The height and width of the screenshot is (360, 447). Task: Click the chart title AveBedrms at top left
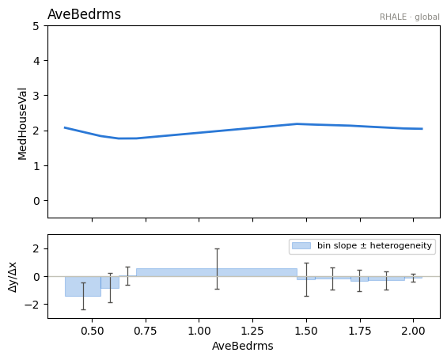84,14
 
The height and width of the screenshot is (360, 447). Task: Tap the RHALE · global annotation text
409,17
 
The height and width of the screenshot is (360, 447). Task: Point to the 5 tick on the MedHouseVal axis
36,26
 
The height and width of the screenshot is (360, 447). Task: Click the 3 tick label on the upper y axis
36,96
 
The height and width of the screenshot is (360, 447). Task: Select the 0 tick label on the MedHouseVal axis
36,201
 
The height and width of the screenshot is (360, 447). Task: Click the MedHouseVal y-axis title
22,124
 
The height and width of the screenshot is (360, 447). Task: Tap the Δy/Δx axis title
13,276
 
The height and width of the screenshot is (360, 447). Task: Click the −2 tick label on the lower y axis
32,305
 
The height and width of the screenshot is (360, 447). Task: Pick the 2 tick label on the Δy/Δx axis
36,249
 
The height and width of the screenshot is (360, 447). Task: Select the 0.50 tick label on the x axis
92,332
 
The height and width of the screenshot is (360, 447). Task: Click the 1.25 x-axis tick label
252,332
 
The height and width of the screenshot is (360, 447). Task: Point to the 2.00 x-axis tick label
413,332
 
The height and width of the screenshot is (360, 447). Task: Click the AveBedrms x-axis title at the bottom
243,346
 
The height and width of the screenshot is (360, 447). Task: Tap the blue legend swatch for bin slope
301,246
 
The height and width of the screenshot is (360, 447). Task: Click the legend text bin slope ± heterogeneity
374,245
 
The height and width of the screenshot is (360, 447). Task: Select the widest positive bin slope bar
217,272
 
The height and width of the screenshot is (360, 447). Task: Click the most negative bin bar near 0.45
83,286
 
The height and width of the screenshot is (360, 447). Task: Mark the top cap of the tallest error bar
218,249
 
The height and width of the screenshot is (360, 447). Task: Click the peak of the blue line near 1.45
297,123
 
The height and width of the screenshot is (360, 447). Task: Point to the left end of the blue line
65,127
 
